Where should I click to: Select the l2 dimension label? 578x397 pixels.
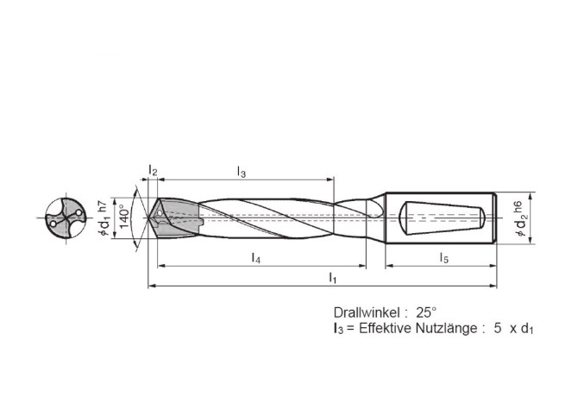tap(153, 173)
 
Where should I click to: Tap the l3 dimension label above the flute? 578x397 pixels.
tap(242, 173)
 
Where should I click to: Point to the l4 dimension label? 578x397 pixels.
tap(256, 257)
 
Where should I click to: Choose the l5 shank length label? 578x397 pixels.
tap(443, 257)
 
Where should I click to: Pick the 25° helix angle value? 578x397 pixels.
tap(428, 312)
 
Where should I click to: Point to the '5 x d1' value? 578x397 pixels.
tap(510, 329)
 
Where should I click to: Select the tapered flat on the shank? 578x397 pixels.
tap(442, 216)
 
